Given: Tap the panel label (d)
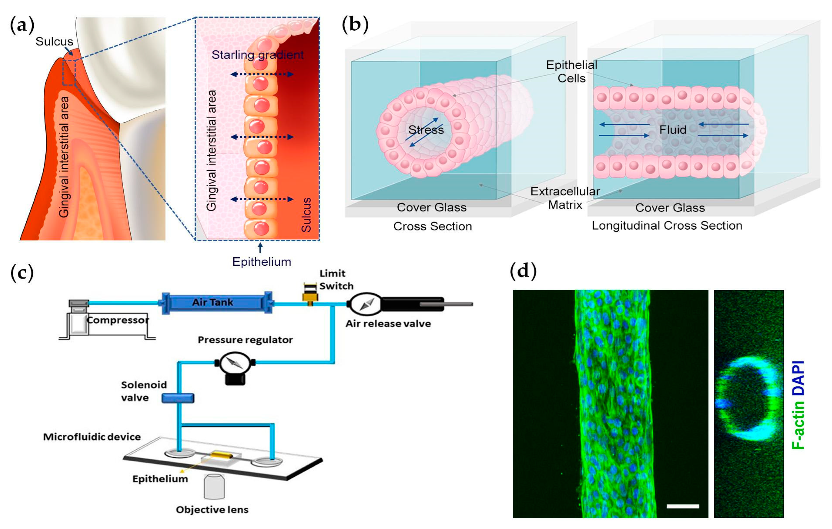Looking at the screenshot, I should click(523, 270).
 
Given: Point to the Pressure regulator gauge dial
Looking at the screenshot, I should click(235, 363).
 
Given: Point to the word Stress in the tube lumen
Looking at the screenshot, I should click(426, 130).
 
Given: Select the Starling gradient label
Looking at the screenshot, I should click(257, 55).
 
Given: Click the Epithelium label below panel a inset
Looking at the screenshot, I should click(261, 262).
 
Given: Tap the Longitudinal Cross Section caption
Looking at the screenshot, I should click(667, 225).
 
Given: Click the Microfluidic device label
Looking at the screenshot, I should click(92, 437).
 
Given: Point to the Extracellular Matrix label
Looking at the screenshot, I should click(565, 198).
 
